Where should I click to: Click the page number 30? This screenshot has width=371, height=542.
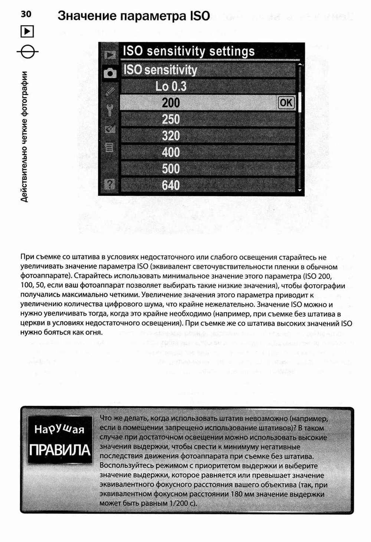point(26,14)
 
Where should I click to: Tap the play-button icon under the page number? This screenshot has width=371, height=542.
point(27,31)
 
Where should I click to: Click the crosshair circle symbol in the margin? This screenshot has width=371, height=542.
point(27,51)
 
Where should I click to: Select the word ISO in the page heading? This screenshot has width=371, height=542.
point(200,16)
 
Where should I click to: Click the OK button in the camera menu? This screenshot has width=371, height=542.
point(286,103)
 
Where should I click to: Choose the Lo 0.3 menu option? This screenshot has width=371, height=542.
point(171,86)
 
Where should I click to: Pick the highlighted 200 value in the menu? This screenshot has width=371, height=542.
point(171,103)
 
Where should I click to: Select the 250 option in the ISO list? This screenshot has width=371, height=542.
point(171,119)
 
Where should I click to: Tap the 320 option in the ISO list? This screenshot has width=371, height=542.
point(171,136)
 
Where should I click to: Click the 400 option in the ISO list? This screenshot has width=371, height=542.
point(171,152)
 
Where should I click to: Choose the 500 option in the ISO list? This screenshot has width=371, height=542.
point(171,169)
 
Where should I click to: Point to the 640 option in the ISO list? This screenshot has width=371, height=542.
point(171,185)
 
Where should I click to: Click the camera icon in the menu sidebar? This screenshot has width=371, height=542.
point(109,73)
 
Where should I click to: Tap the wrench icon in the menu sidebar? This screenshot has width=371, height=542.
point(109,110)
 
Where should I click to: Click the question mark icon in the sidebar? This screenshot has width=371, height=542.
point(110,185)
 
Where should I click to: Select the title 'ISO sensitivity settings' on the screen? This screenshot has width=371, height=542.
point(188,51)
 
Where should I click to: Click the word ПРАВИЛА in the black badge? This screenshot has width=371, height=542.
point(59,450)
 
